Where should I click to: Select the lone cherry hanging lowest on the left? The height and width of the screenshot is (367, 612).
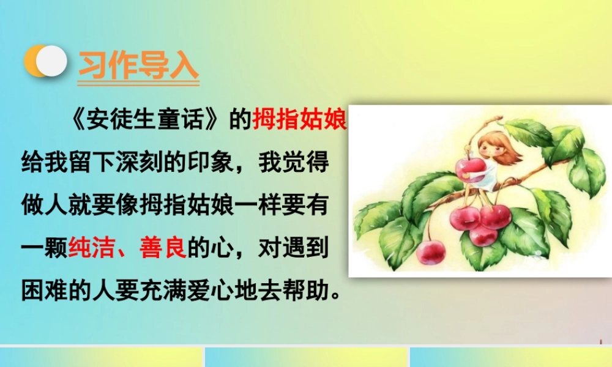pos(431,251)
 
